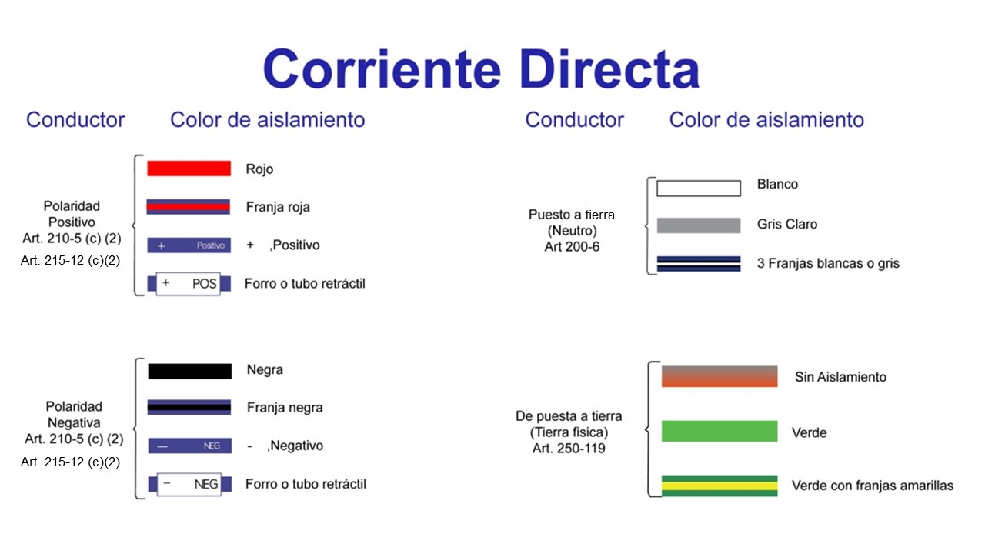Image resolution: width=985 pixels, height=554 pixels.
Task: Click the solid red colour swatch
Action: coord(189,169)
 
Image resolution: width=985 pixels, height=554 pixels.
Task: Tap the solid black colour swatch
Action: coord(190,371)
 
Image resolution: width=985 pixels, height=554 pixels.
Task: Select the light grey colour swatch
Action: coord(699,225)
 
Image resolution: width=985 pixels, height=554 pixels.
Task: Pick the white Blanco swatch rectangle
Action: coord(699,189)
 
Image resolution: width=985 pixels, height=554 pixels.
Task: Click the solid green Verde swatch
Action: coord(720,431)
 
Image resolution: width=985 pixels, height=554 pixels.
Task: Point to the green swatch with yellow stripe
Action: coord(720,486)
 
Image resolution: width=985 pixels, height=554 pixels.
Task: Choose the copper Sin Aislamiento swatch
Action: coord(720,376)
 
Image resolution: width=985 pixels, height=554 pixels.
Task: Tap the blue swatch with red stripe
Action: coord(189,207)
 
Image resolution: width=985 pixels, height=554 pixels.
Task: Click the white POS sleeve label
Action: coord(189,284)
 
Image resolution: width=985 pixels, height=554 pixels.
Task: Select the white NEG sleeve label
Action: coord(189,484)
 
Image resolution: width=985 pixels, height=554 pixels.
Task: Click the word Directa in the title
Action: coord(609,69)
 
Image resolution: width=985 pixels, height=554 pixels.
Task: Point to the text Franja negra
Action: coord(285,408)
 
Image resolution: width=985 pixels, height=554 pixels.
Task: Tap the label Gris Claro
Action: coord(787,224)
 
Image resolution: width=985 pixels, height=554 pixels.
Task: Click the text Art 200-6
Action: coord(572,247)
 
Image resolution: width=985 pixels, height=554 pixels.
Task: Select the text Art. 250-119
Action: coord(569,449)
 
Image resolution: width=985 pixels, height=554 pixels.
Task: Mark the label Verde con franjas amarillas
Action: coord(873,486)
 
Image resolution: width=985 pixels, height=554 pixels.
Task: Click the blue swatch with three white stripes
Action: coord(699,264)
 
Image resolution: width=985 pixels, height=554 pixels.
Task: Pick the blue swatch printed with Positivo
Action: coord(189,245)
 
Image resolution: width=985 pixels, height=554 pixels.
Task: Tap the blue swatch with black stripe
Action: coord(189,407)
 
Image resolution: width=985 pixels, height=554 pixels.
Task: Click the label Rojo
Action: coord(259,169)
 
